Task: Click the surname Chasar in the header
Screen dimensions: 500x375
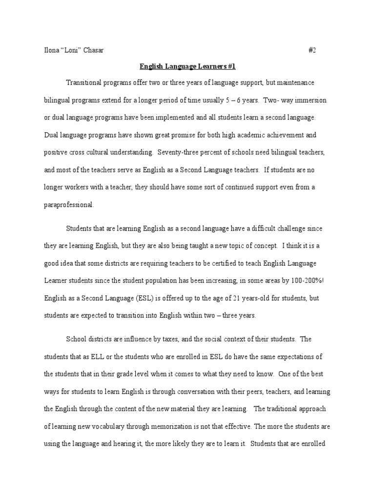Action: click(93, 50)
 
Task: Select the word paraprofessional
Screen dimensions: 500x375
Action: click(68, 205)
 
